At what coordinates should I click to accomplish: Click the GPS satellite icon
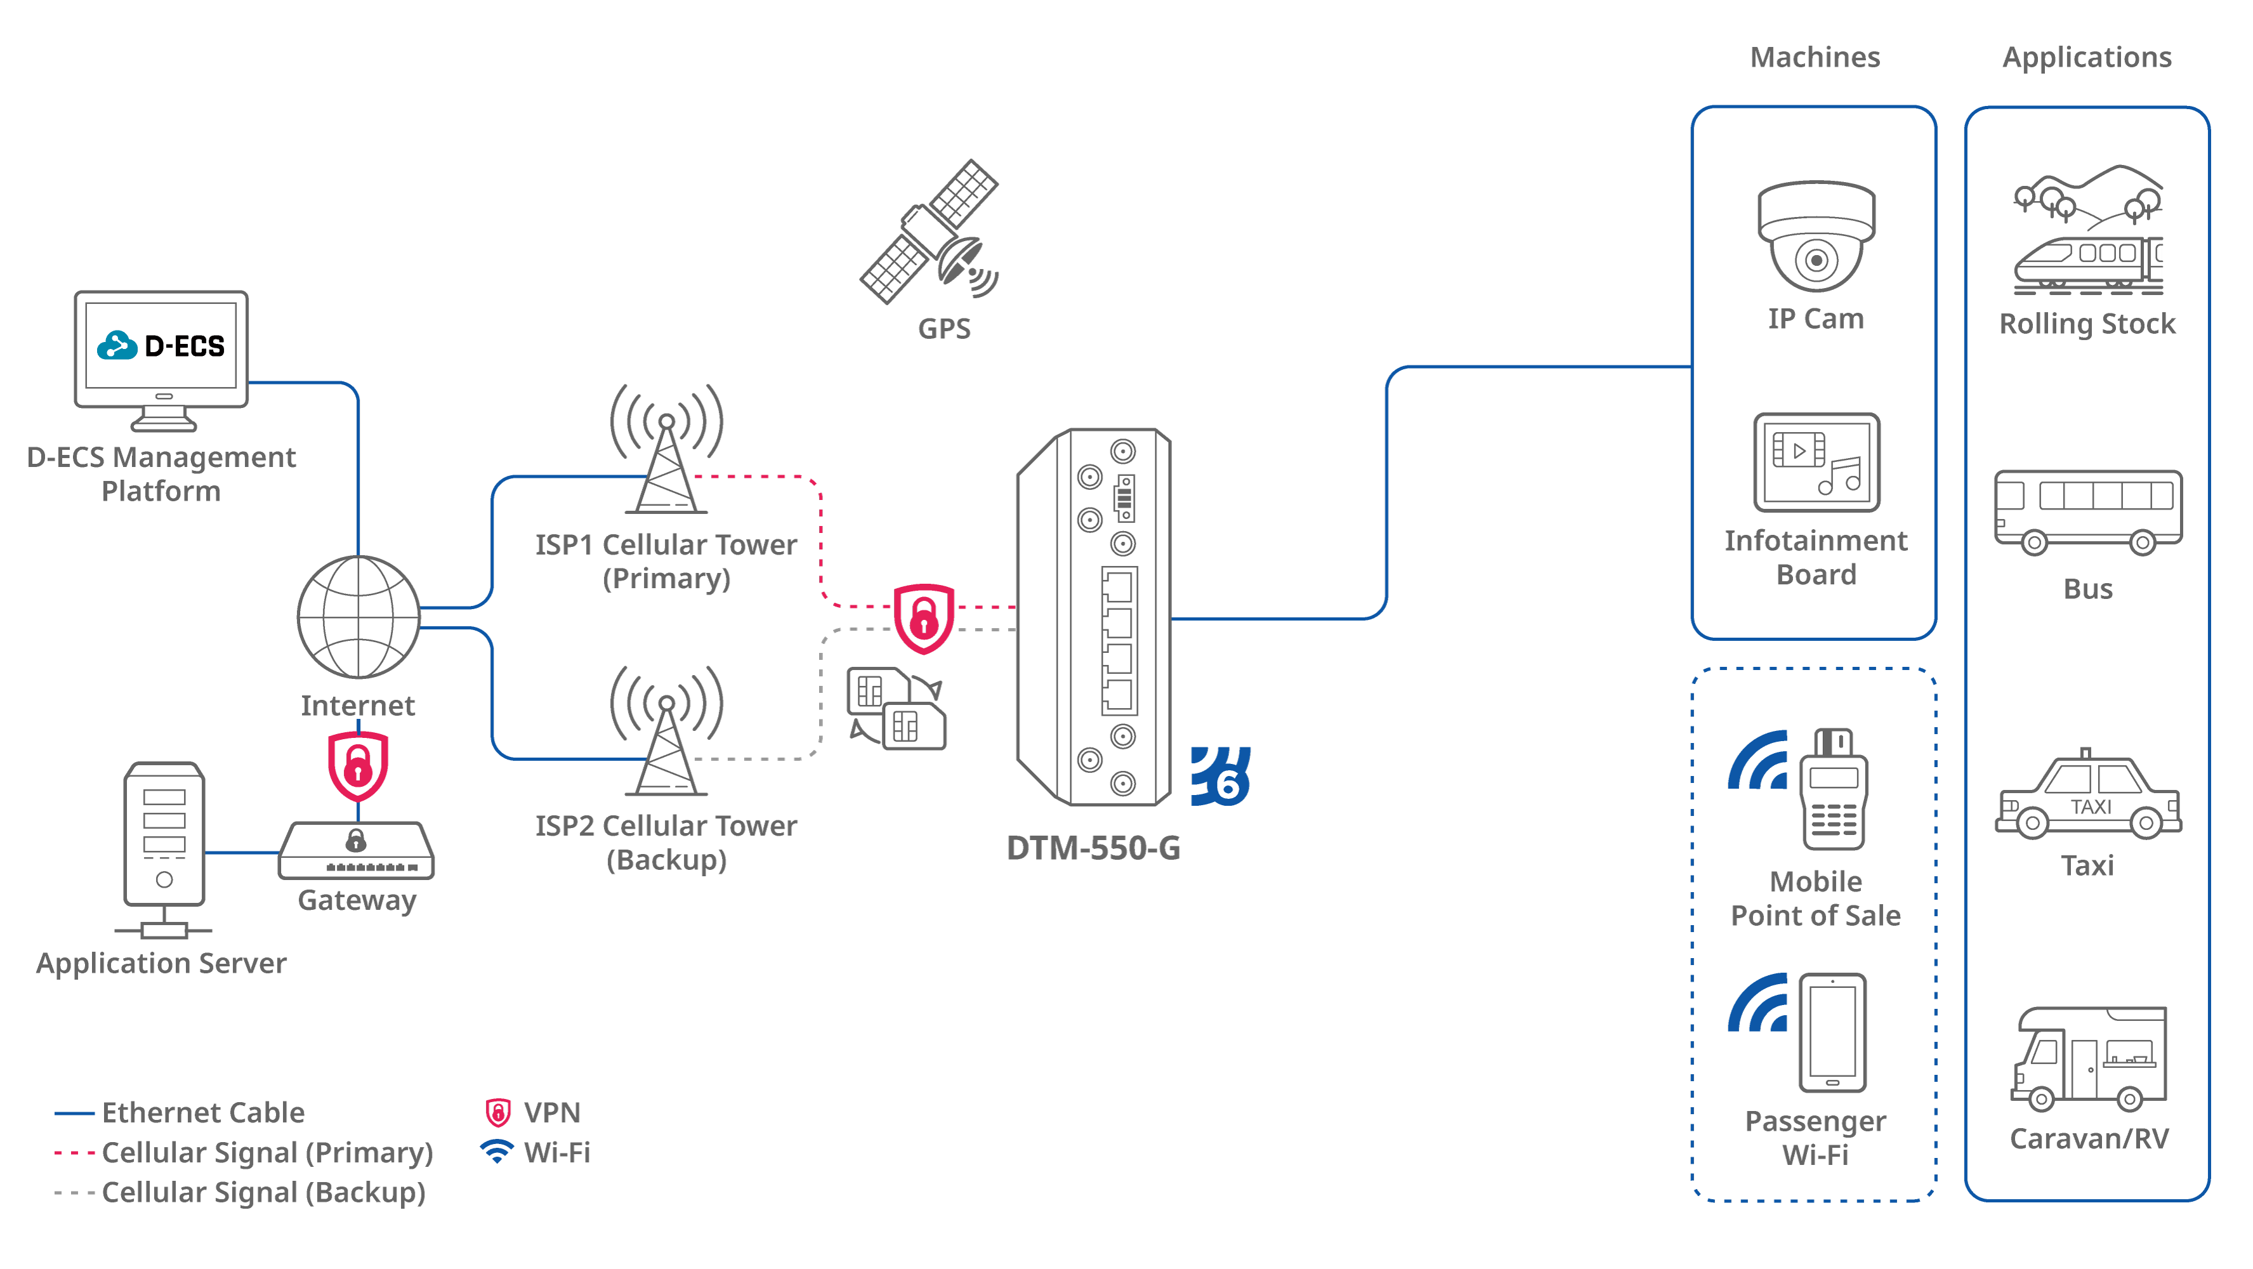929,231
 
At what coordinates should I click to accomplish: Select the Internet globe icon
358,617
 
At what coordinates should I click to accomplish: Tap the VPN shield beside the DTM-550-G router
924,617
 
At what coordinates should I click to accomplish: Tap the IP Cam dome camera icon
1816,236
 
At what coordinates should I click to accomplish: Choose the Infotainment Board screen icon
1816,462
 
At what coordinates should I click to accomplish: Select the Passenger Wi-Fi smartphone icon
1832,1032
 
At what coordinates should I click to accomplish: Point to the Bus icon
2087,511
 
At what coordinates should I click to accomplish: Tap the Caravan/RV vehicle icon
2089,1058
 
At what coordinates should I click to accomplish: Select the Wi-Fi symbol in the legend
497,1151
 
